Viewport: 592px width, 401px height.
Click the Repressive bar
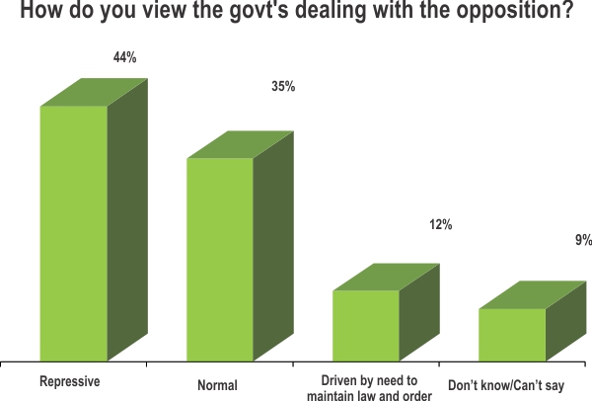click(74, 233)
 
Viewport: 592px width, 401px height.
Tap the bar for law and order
click(366, 325)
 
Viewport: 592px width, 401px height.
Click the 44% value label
click(124, 58)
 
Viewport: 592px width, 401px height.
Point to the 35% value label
click(283, 87)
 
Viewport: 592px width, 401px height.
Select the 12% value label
click(440, 225)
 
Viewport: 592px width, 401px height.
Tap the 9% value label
click(583, 240)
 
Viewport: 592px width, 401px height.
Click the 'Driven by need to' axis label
click(371, 380)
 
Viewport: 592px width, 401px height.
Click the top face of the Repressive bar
click(94, 91)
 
